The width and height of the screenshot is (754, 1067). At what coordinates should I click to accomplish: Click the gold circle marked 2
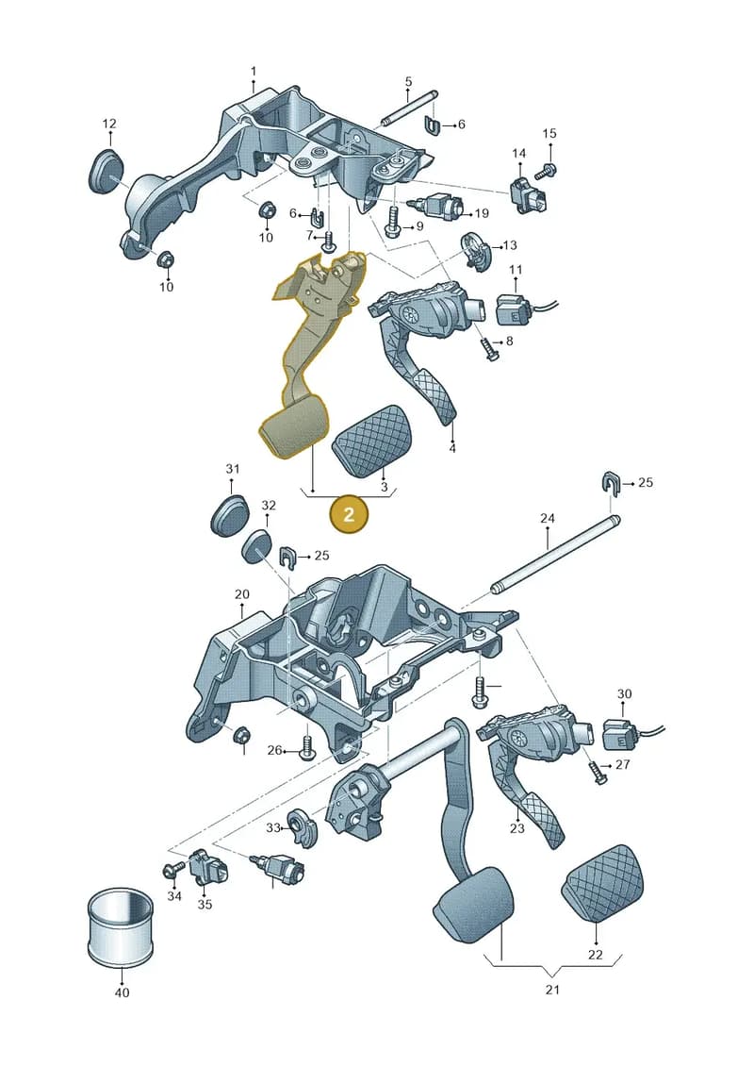coord(349,514)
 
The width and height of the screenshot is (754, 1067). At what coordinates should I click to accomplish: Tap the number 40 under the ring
coord(122,992)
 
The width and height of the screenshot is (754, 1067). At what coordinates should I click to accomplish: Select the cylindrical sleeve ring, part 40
coord(122,926)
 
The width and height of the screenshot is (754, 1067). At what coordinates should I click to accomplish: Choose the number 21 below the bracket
coord(552,990)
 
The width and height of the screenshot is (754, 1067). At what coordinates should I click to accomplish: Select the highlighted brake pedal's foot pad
coord(294,431)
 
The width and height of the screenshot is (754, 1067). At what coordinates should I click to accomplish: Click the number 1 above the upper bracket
coord(254,72)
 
